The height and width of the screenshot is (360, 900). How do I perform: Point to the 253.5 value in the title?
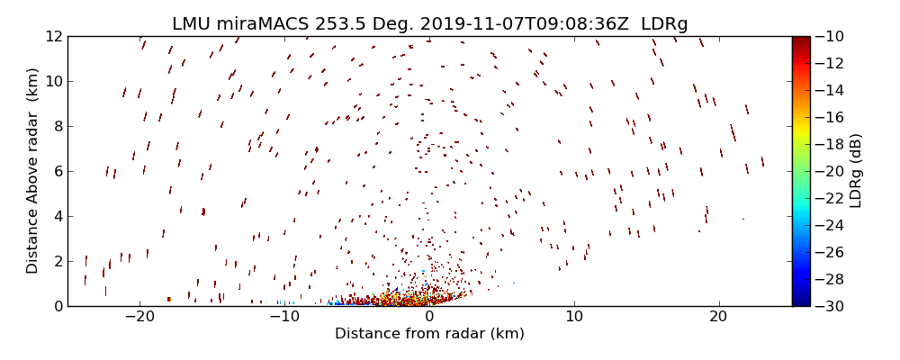click(325, 24)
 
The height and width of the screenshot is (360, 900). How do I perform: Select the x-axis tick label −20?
click(139, 317)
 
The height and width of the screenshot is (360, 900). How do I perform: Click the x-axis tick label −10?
click(284, 317)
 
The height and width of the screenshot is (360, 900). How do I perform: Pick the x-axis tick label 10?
click(573, 317)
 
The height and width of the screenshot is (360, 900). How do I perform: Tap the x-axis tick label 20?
click(717, 317)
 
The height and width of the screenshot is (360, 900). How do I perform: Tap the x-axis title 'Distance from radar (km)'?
click(429, 334)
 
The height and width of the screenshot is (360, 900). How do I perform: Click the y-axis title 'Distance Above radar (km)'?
click(33, 171)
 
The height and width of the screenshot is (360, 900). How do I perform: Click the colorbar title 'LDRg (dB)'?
click(856, 171)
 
